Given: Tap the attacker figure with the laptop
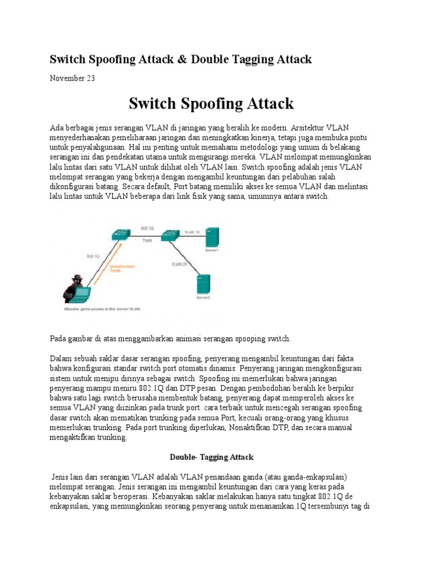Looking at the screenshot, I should click(x=77, y=288).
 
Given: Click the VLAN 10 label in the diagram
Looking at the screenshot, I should click(x=192, y=232).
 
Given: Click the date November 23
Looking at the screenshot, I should click(x=72, y=78).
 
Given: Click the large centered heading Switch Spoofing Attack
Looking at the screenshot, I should click(x=211, y=104).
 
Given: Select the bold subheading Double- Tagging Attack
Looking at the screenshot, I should click(x=211, y=457).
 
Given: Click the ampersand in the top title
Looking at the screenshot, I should click(x=183, y=59).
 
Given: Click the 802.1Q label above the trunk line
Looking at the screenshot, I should click(x=147, y=227).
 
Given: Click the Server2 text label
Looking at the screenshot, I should click(x=203, y=298).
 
